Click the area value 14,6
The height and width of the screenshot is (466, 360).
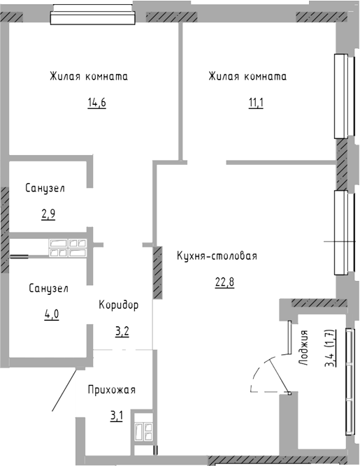[97, 103]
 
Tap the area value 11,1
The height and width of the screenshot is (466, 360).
[256, 103]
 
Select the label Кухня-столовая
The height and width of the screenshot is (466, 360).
[217, 256]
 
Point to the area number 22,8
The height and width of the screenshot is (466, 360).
[225, 282]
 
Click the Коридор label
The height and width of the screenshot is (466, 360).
[119, 305]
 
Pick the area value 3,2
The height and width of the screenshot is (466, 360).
[122, 331]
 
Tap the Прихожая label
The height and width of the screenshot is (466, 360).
[112, 390]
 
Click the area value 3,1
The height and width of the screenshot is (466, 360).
[117, 416]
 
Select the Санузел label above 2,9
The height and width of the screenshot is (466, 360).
[45, 188]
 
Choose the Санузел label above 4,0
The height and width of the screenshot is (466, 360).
[49, 288]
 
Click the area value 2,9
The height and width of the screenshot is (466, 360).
[48, 214]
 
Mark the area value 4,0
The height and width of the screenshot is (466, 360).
[52, 314]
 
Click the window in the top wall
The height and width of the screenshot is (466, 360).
[93, 14]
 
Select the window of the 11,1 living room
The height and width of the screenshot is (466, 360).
[345, 96]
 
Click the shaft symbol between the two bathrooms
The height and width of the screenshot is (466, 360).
[69, 248]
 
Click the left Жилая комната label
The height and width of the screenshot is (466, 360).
[89, 77]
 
